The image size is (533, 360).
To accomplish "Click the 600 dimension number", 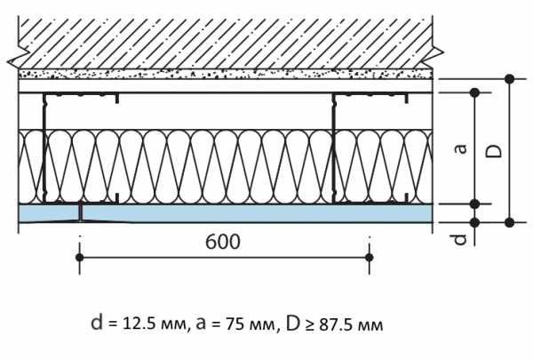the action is pos(223,242).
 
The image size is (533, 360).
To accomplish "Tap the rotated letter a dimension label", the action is pos(461,148).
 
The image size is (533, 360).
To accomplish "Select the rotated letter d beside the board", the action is pos(460,239).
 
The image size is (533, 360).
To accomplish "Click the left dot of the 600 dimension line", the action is pos(80,257).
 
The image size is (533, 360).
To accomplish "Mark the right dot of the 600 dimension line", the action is pos(370,257).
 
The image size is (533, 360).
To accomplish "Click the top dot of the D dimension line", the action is pos(509,79).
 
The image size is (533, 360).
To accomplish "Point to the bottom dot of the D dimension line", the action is pos(509,222).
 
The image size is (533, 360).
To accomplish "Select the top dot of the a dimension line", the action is pos(475,92).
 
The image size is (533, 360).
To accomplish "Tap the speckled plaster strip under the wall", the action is pos(225,74).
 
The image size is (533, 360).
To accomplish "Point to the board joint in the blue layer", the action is pos(81,212).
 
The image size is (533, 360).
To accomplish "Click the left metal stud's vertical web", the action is pos(44,148).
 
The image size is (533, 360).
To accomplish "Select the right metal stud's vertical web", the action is pos(333,148).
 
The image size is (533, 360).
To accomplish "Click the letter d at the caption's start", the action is pos(97,322).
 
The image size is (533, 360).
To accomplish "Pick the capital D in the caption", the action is pos(292,323).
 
